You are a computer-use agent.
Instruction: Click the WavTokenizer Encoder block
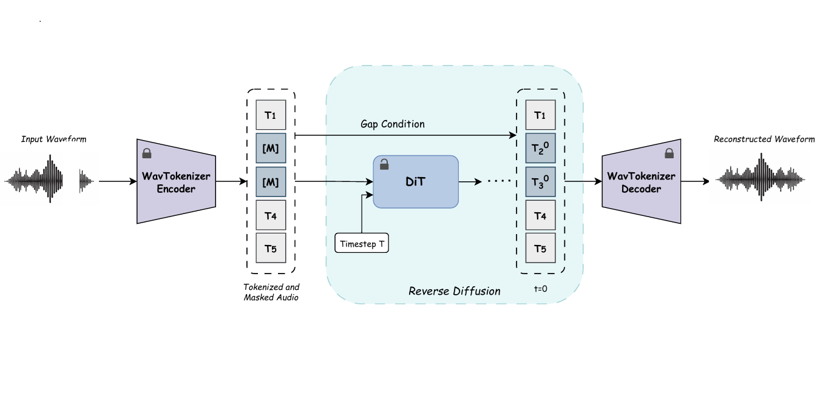pyautogui.click(x=177, y=182)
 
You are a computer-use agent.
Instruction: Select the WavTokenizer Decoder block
pyautogui.click(x=640, y=182)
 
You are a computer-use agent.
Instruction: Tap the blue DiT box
pyautogui.click(x=416, y=182)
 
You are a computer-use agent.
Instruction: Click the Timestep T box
pyautogui.click(x=362, y=243)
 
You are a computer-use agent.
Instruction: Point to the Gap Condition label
pyautogui.click(x=393, y=124)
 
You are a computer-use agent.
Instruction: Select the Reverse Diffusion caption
pyautogui.click(x=455, y=291)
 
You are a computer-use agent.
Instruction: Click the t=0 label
pyautogui.click(x=541, y=289)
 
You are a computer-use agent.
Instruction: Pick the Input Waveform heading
pyautogui.click(x=53, y=139)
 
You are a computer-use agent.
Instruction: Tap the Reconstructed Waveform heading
pyautogui.click(x=764, y=139)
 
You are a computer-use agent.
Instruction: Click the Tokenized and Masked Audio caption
pyautogui.click(x=271, y=292)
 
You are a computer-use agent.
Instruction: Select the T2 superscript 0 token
pyautogui.click(x=541, y=149)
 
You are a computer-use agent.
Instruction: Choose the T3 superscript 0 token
pyautogui.click(x=541, y=182)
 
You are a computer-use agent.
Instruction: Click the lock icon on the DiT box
pyautogui.click(x=384, y=164)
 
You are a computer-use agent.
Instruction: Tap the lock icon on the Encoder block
pyautogui.click(x=146, y=154)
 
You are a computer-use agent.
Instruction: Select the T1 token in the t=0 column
pyautogui.click(x=541, y=115)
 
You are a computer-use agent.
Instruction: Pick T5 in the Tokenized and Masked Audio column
pyautogui.click(x=271, y=248)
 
